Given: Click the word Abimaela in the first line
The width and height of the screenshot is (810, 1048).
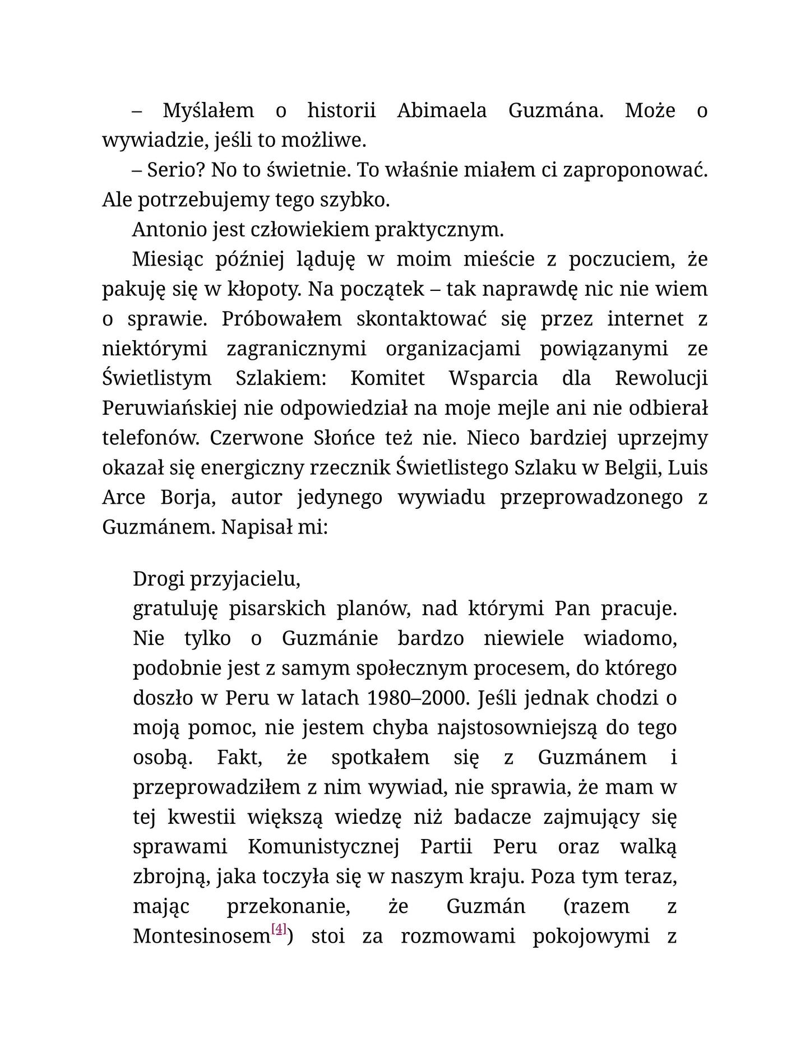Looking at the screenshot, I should (441, 110).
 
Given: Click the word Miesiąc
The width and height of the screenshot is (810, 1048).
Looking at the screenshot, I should (165, 259).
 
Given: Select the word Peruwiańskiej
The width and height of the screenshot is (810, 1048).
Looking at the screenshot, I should (169, 408).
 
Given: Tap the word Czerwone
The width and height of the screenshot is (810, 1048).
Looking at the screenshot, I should (257, 438).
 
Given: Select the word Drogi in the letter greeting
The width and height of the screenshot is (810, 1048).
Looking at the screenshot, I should (159, 578).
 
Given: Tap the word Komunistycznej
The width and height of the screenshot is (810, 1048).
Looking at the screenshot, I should (323, 846).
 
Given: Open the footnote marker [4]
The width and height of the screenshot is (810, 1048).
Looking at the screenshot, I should (279, 929).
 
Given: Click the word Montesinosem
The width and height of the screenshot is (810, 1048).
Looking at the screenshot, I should (202, 936).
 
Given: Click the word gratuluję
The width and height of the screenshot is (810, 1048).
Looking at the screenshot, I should (174, 609).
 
